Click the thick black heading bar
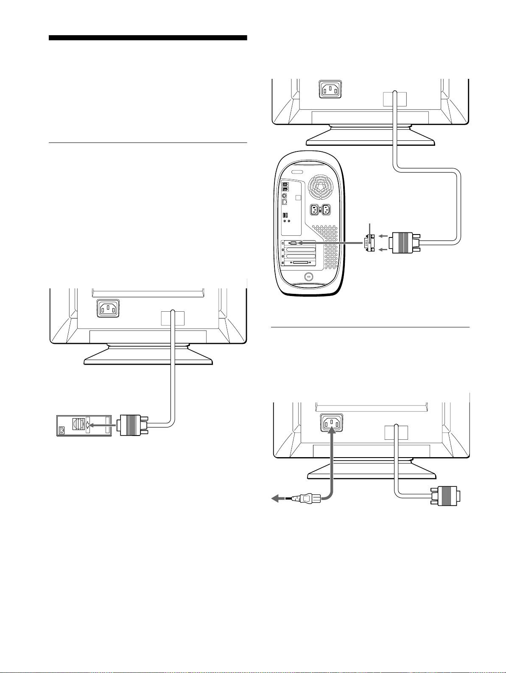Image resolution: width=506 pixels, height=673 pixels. point(148,38)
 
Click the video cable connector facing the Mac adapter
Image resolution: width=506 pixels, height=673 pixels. point(405,243)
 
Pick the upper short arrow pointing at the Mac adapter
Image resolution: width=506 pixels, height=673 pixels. point(383,236)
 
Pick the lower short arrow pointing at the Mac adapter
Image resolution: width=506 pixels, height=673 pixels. point(383,250)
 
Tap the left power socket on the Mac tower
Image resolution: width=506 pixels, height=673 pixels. point(315,210)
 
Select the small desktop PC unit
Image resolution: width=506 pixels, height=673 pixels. point(84,425)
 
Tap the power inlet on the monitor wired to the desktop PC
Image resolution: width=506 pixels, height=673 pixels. point(109,309)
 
